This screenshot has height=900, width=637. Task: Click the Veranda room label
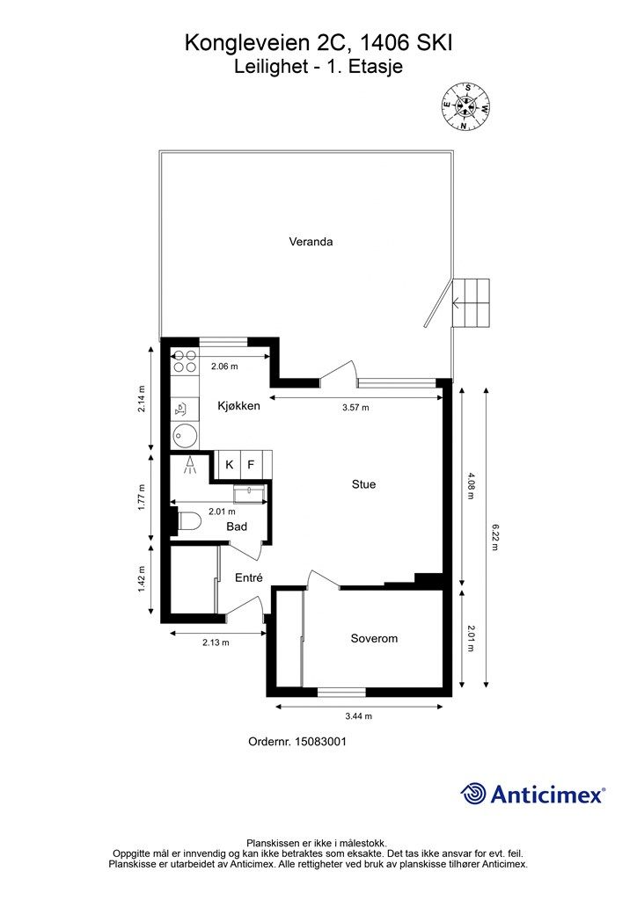click(311, 242)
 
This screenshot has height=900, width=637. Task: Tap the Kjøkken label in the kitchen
click(239, 406)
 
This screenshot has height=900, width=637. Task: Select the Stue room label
click(363, 484)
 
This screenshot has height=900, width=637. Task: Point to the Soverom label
click(374, 638)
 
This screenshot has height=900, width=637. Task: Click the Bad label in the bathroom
click(237, 526)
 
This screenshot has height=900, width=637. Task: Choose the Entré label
click(249, 578)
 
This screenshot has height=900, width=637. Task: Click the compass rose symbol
click(465, 106)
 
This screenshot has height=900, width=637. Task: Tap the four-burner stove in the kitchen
click(185, 361)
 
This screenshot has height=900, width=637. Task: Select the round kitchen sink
click(185, 436)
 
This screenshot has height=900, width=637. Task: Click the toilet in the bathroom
click(188, 522)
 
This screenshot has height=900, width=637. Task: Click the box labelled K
click(229, 464)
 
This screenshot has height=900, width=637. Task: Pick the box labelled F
click(251, 464)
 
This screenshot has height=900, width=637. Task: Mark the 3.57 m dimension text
click(355, 408)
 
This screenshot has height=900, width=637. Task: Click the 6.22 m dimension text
click(494, 537)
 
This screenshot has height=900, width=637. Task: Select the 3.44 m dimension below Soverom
click(358, 715)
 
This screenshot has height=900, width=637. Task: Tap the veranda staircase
click(471, 302)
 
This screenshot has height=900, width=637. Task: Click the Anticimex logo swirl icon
click(472, 794)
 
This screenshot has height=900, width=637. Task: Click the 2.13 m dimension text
click(216, 642)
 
